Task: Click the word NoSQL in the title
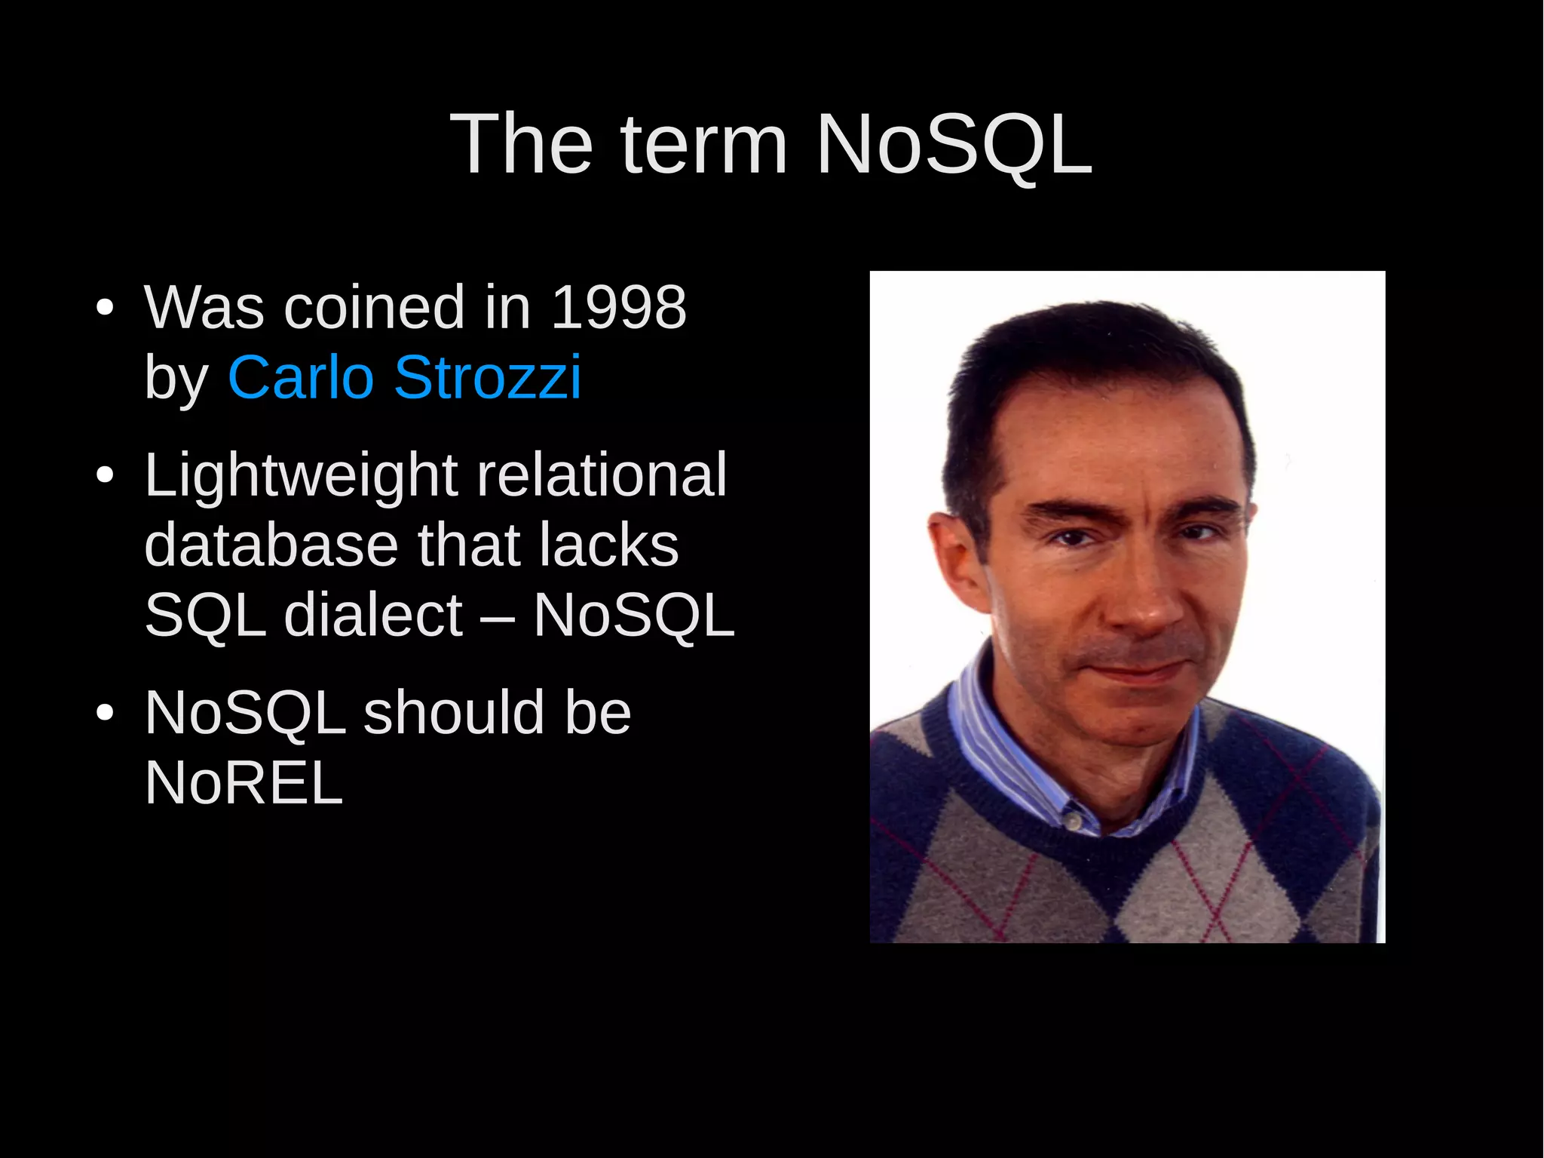pos(954,144)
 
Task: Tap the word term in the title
pos(704,144)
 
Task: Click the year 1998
pos(619,308)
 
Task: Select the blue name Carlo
pos(301,377)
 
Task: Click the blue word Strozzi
pos(488,377)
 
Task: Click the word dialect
pos(373,615)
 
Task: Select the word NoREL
pos(244,783)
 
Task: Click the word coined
pos(374,308)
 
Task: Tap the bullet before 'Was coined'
pos(105,309)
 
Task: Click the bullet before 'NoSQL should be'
pos(105,713)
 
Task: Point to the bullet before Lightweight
pos(105,476)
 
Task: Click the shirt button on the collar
pos(1074,819)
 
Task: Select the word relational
pos(602,475)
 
